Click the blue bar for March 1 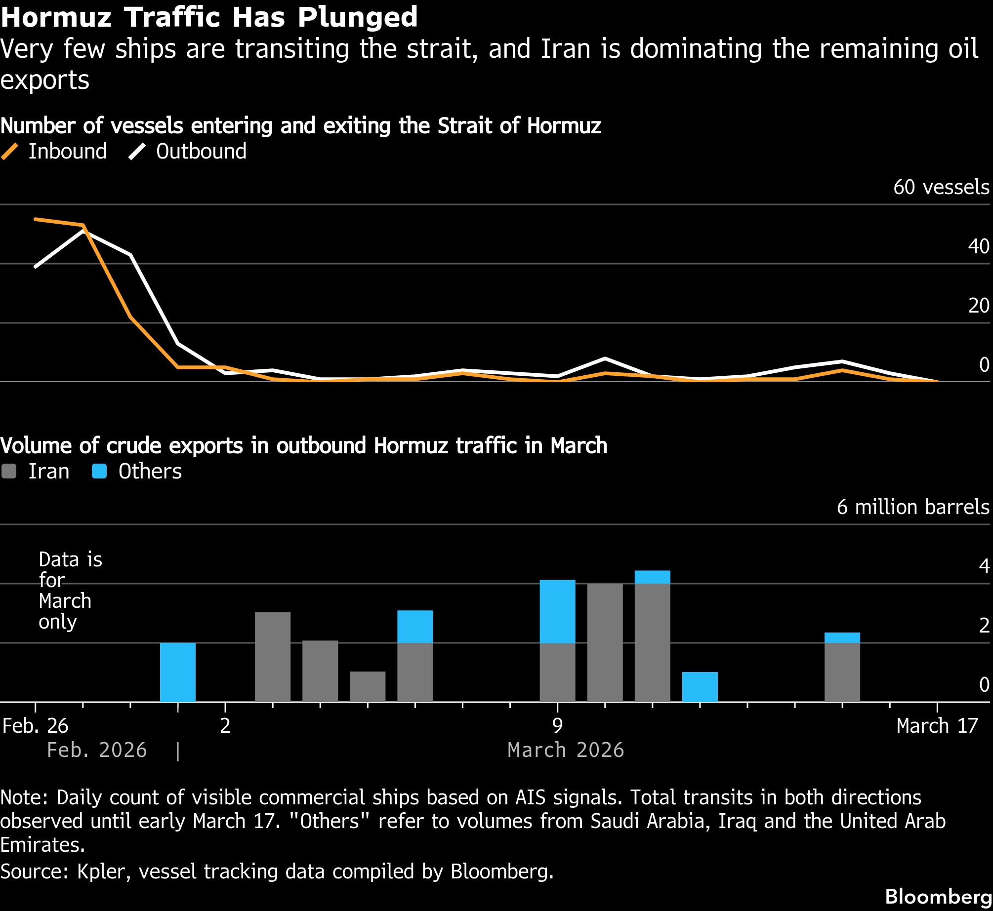coord(178,672)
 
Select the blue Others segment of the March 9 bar coord(557,611)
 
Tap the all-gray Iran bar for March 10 coord(605,642)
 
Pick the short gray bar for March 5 coord(368,686)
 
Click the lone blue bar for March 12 coord(700,687)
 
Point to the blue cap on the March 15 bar coord(842,637)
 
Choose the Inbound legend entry coord(54,151)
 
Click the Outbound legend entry coord(188,151)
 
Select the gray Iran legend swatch coord(9,471)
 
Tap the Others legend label coord(150,471)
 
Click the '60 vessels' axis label coord(941,187)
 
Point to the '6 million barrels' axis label coord(912,507)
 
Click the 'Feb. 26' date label coord(35,726)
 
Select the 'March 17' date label coord(937,726)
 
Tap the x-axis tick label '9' coord(557,726)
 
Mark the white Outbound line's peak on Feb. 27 coord(83,231)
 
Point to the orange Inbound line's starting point coord(36,219)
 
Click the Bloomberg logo coord(938,896)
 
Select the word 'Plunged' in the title coord(357,17)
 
